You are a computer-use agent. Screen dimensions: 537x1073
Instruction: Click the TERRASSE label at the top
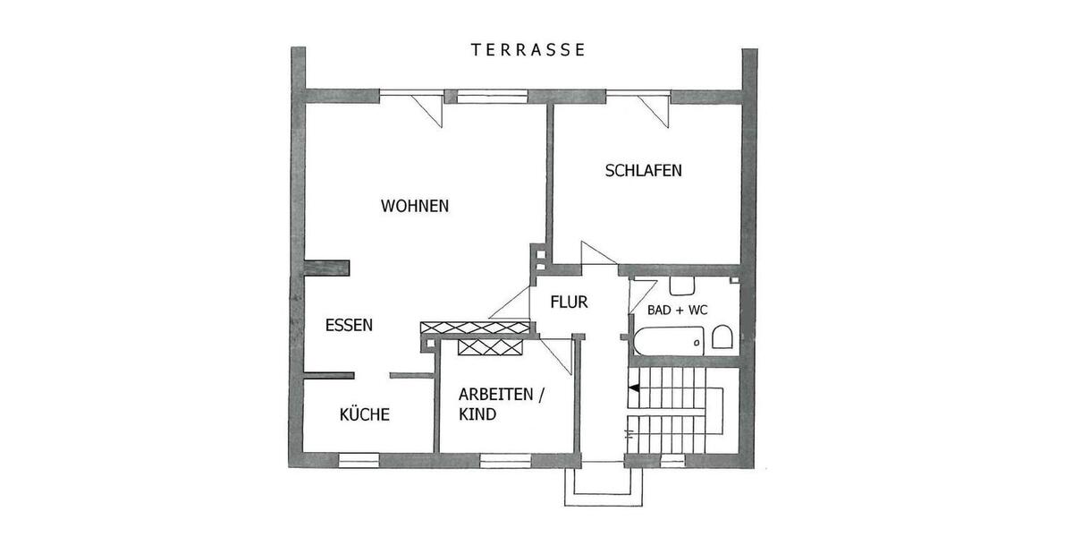coord(528,50)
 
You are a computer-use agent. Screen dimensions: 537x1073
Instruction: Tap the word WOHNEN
coord(415,206)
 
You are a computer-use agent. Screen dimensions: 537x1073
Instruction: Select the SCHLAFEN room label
coord(644,170)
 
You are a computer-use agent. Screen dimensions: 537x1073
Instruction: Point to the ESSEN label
coord(349,326)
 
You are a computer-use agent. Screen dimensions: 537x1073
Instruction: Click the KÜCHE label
coord(364,414)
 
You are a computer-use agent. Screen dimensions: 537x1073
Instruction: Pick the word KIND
coord(477,414)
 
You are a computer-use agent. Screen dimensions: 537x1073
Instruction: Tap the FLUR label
coord(569,303)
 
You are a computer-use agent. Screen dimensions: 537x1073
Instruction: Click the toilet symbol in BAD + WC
coord(722,338)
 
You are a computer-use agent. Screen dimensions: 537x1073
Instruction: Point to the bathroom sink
coord(683,286)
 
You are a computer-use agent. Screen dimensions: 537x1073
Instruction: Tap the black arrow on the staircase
coord(633,388)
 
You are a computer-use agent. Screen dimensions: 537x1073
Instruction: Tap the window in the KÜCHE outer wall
coord(359,460)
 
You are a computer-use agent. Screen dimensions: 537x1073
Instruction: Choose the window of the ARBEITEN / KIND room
coord(501,460)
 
